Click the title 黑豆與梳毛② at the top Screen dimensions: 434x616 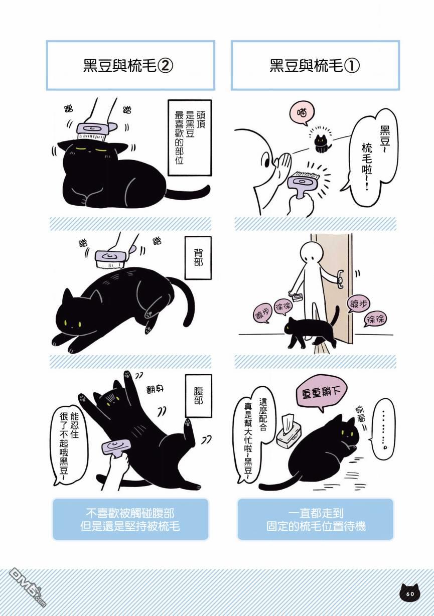[x=128, y=66]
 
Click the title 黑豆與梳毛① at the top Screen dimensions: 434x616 [x=315, y=66]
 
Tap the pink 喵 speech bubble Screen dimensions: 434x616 [x=302, y=113]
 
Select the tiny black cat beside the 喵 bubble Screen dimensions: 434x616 [x=321, y=143]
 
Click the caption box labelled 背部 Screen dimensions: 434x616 [x=198, y=257]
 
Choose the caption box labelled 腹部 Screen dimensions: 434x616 [x=198, y=396]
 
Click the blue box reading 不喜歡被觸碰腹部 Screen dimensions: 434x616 [x=130, y=520]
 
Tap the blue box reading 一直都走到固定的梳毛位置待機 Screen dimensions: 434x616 [x=316, y=520]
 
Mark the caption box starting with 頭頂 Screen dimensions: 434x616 [x=190, y=138]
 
